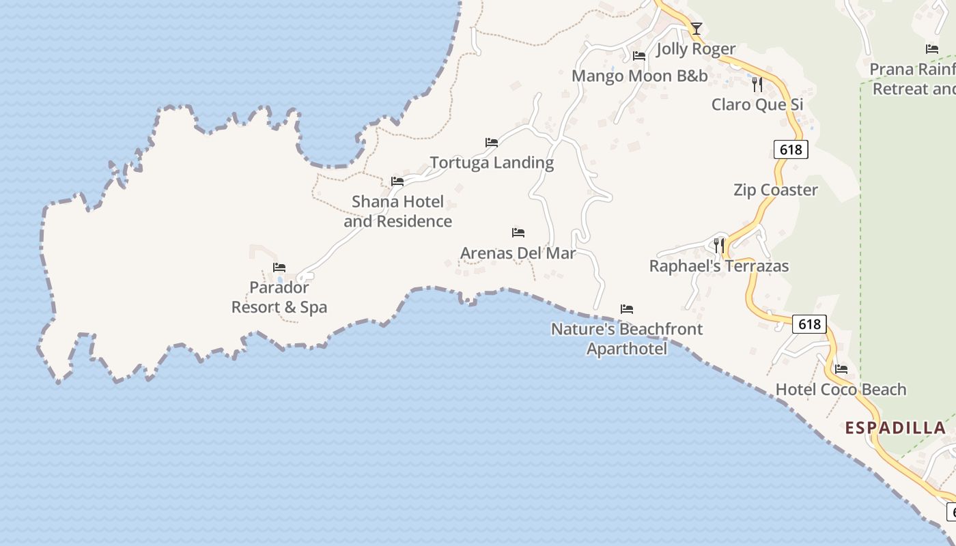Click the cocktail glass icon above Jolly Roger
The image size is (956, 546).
coord(696,29)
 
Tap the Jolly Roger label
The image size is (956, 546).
coord(696,49)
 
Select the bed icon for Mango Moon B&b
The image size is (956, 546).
coord(639,56)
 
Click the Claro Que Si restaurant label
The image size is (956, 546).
coord(757,104)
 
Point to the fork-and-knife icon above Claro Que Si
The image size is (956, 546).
coord(757,84)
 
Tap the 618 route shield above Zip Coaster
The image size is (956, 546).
coord(791,149)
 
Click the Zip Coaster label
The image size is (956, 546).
coord(776,190)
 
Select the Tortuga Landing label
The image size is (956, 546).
coord(492,162)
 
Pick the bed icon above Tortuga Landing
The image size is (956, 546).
coord(492,143)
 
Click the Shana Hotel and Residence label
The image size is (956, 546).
coord(398,211)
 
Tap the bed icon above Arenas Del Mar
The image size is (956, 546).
coord(518,233)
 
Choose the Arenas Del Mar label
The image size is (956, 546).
coord(518,253)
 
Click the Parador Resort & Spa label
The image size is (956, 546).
coord(279,297)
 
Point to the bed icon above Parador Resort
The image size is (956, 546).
coord(279,268)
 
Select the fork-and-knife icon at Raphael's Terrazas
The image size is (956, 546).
coord(718,246)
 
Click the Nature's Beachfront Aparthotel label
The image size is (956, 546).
coord(627,339)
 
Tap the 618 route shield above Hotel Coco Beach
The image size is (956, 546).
coord(809,324)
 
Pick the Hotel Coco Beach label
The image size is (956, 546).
coord(841,390)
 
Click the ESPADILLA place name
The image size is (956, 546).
coord(895,428)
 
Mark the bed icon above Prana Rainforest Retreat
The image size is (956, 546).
coord(932,49)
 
